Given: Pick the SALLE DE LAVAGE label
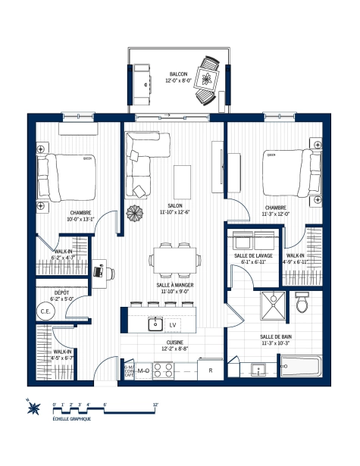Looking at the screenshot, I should point(252,256).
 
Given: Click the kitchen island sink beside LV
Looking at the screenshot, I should point(155,324).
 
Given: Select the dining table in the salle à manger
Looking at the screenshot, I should point(176,259).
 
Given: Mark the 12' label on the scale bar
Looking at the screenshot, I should point(155,405).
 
